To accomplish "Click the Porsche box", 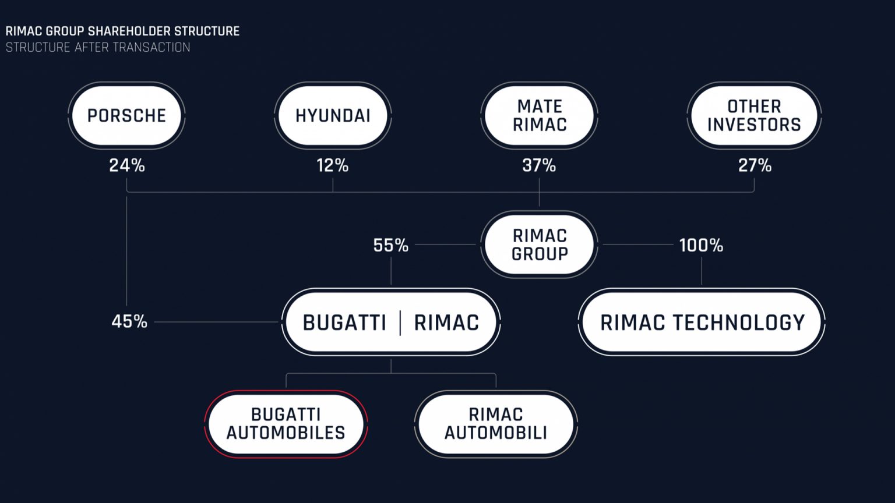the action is point(126,115).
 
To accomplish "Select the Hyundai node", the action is point(333,115).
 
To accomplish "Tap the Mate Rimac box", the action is point(540,115).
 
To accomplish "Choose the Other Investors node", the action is point(755,115).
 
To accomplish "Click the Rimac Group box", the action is point(540,245).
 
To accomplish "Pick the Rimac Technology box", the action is point(702,322).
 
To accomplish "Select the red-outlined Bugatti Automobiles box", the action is point(286,424).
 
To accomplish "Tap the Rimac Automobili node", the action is point(496,424).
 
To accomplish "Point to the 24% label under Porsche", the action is point(126,165).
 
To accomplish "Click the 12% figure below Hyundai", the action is point(333,165).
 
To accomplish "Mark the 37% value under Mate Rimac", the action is point(539,165).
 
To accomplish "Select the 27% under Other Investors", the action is point(755,165).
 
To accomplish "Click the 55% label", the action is point(391,245).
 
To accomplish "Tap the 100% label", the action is point(701,245).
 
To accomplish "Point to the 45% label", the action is point(129,321).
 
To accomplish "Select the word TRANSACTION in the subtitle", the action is point(151,48).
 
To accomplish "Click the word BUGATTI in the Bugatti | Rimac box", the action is point(344,323).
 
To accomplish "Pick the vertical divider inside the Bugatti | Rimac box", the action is point(400,323).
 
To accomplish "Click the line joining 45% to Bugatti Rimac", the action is point(216,322).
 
